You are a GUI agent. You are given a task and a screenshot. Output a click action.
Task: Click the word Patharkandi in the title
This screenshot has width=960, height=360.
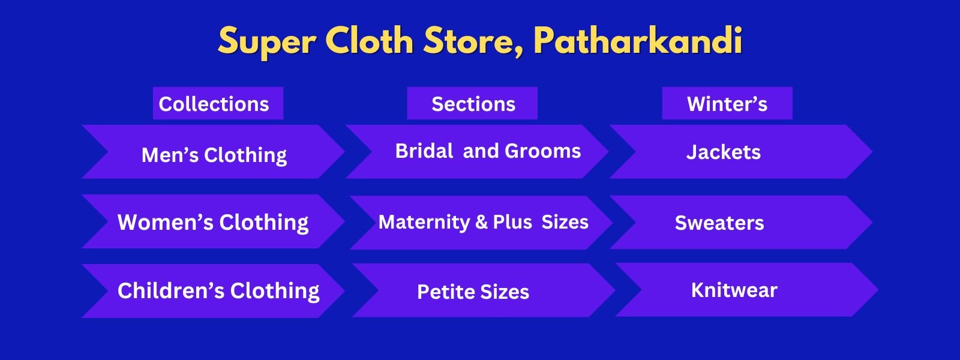point(638,41)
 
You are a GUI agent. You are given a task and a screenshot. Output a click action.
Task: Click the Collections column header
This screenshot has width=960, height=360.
point(218,103)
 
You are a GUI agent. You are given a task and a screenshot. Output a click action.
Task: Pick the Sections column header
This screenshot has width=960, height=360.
point(472,103)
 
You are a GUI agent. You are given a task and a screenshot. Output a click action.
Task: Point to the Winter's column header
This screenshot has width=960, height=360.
point(727,103)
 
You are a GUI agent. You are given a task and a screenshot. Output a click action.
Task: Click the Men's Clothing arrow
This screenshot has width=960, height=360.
point(214,152)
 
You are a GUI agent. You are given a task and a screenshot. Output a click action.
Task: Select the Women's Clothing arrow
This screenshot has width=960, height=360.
point(214,221)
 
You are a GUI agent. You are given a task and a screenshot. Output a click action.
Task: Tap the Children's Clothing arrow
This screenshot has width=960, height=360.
point(214,291)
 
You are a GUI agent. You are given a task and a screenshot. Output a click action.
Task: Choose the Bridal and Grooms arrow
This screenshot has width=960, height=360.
point(478,152)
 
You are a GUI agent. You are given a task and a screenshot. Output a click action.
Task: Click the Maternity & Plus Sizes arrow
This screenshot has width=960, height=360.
point(481,223)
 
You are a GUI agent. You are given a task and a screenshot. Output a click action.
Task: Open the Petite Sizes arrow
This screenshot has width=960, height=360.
point(484,290)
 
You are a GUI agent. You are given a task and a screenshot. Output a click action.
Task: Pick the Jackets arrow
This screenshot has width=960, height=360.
point(742,152)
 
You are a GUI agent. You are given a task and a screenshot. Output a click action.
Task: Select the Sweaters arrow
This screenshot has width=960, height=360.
point(742,222)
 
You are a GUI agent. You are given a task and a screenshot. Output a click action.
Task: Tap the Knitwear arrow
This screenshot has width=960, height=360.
point(747,290)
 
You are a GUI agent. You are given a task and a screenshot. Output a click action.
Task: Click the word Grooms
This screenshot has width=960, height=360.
point(542,151)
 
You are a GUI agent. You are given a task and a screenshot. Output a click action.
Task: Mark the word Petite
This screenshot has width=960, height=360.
point(446,292)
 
